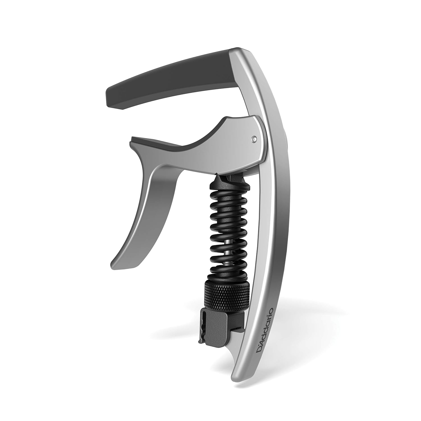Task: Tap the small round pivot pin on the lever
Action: tap(254, 138)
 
